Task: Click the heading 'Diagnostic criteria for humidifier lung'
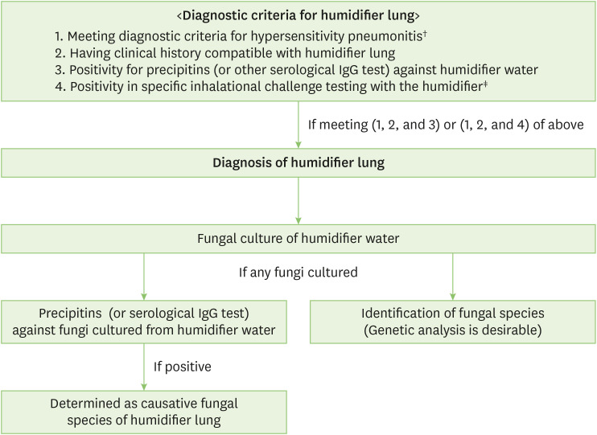click(298, 15)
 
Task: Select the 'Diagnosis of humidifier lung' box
click(298, 162)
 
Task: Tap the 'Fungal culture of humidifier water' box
click(298, 238)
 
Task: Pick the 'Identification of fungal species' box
click(453, 322)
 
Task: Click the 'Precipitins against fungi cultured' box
click(144, 322)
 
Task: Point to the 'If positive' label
click(183, 367)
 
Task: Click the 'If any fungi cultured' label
click(298, 273)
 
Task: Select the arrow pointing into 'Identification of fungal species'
click(453, 278)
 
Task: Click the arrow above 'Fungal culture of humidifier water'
click(298, 200)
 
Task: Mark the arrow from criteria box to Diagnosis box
click(298, 125)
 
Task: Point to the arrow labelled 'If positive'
click(144, 367)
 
